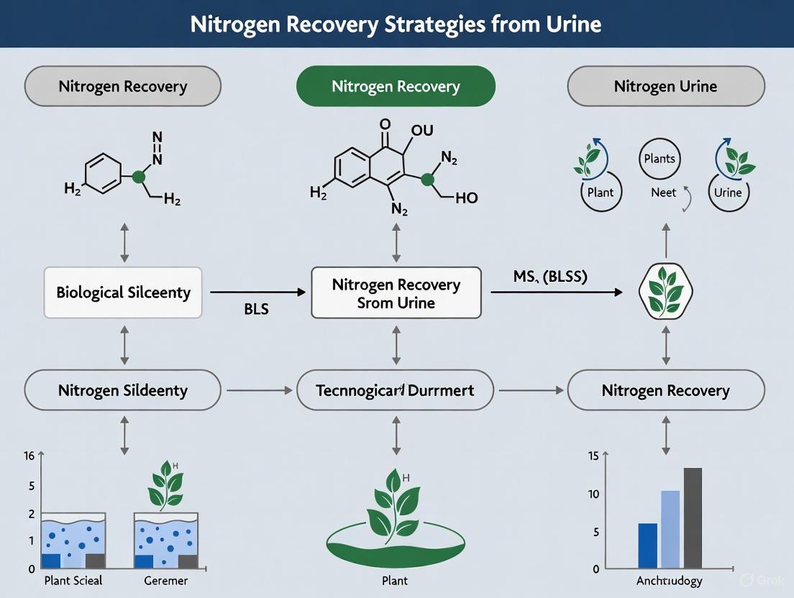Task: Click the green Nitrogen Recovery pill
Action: pyautogui.click(x=396, y=87)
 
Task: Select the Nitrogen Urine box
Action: pyautogui.click(x=665, y=87)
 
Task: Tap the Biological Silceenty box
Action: pyautogui.click(x=123, y=293)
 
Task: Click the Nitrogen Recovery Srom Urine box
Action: pyautogui.click(x=396, y=293)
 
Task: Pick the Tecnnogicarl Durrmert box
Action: pyautogui.click(x=396, y=391)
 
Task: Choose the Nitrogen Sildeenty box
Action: pyautogui.click(x=123, y=391)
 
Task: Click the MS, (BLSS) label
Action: pyautogui.click(x=550, y=277)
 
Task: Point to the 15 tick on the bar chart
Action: pyautogui.click(x=593, y=456)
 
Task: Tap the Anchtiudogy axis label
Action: pyautogui.click(x=670, y=581)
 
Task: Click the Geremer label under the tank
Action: pyautogui.click(x=166, y=581)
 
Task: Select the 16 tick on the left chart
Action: pyautogui.click(x=29, y=456)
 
